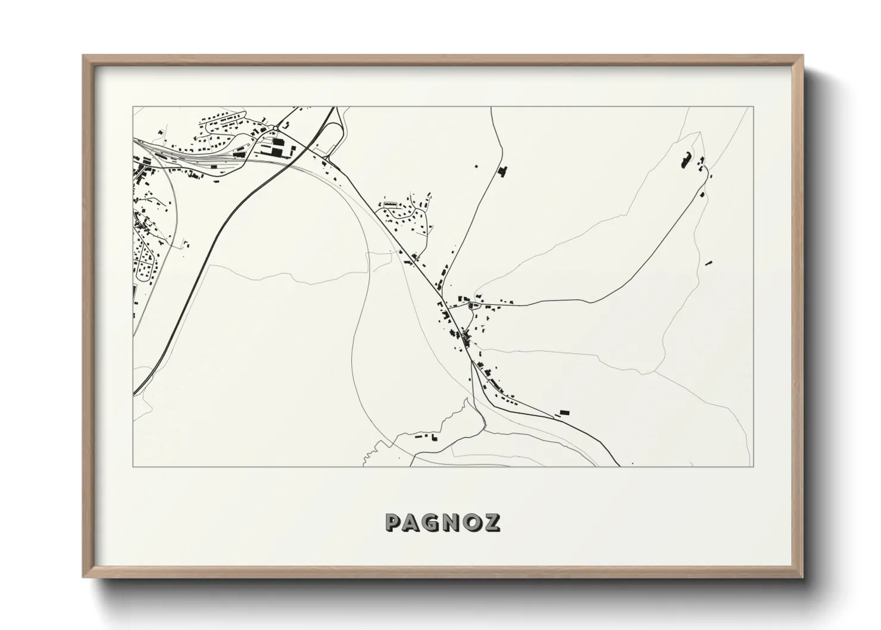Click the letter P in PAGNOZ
393,522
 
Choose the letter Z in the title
493,522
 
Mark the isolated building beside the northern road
501,171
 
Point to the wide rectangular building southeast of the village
564,411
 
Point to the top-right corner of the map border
754,107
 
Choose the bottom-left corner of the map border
133,466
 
